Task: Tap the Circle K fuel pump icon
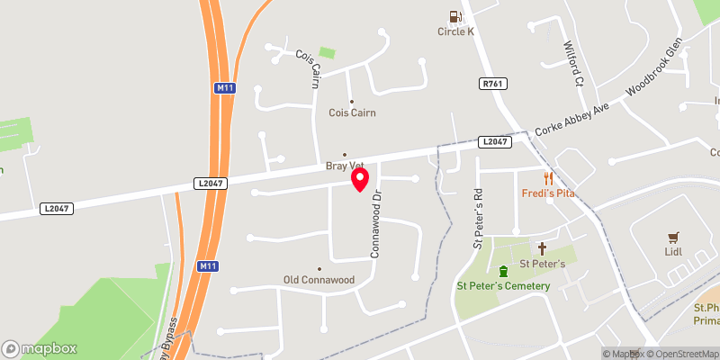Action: click(x=455, y=15)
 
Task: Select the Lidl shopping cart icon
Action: click(x=672, y=237)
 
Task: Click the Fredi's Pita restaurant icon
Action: click(x=546, y=178)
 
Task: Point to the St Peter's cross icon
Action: click(x=542, y=247)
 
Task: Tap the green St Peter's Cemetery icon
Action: click(x=503, y=270)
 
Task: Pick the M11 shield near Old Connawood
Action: click(x=207, y=266)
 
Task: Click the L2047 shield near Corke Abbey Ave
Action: click(x=494, y=141)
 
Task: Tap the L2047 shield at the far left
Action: click(x=56, y=209)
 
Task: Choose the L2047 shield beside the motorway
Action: click(x=209, y=184)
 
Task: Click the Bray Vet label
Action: click(x=343, y=166)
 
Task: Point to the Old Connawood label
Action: click(x=319, y=280)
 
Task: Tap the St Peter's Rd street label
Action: click(x=479, y=219)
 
